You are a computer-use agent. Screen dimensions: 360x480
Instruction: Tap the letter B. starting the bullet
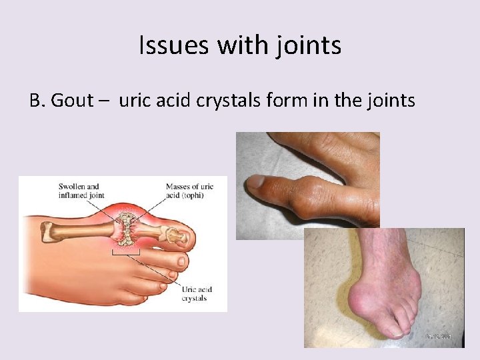pyautogui.click(x=37, y=101)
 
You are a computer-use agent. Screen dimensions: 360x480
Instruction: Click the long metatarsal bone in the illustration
pyautogui.click(x=80, y=229)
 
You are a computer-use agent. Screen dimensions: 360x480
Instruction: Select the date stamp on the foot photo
pyautogui.click(x=439, y=336)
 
